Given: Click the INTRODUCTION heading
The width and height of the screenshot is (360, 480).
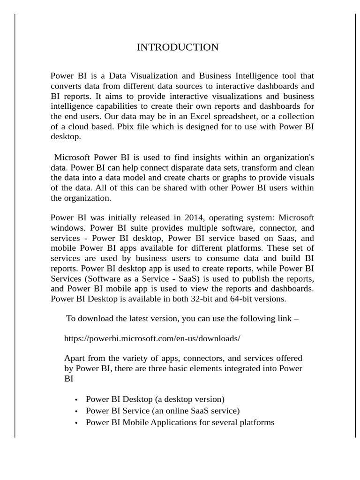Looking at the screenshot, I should pyautogui.click(x=177, y=47).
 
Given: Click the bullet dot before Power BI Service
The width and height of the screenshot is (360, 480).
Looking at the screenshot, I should pyautogui.click(x=76, y=412).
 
